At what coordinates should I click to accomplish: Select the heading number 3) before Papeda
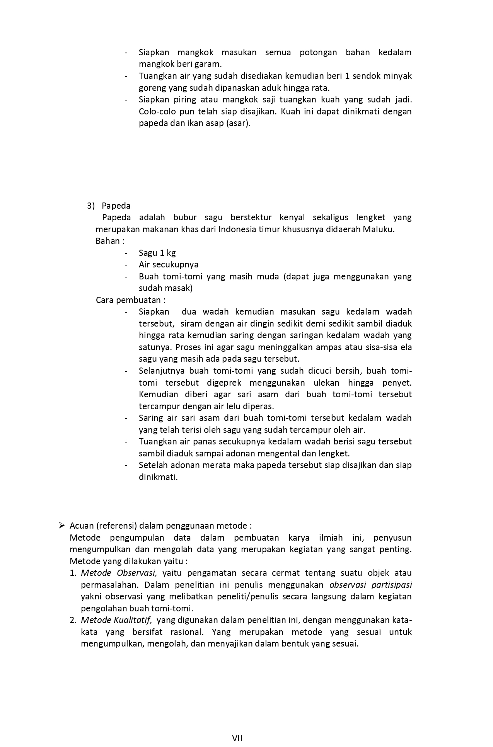tap(91, 206)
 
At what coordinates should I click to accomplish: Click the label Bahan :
tap(110, 241)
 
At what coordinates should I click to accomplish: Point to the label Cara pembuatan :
tap(131, 300)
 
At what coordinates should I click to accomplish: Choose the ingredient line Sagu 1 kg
tap(157, 253)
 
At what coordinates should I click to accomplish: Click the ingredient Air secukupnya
tap(169, 265)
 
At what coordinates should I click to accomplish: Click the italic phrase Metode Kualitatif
tap(116, 620)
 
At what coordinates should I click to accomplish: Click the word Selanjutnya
tap(161, 371)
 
